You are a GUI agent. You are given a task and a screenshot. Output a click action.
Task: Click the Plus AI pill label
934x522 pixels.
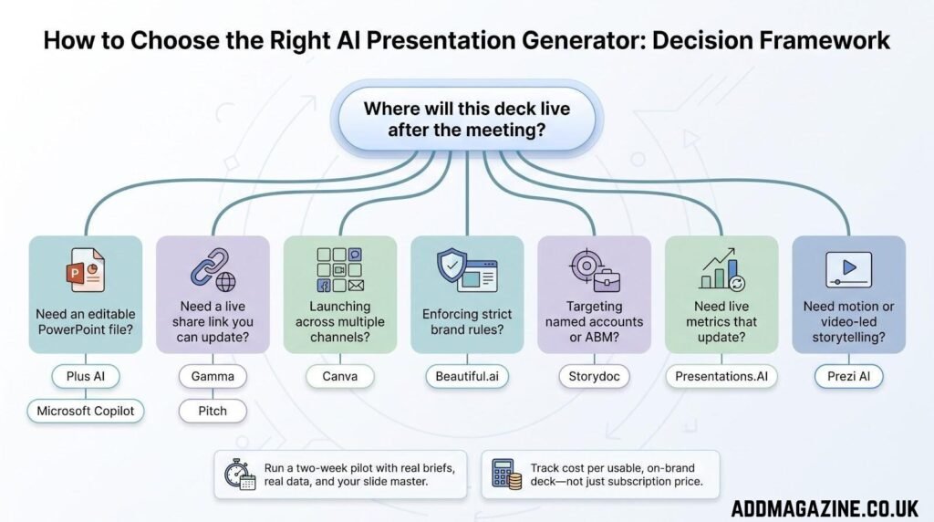tap(85, 376)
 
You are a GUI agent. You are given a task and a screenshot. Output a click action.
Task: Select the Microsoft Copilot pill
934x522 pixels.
tap(85, 411)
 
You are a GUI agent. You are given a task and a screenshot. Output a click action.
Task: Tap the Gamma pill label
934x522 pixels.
tap(213, 376)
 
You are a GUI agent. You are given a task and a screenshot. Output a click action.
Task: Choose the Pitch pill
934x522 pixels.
tap(213, 411)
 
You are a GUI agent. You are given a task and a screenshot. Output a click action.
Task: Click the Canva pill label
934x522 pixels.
tap(340, 376)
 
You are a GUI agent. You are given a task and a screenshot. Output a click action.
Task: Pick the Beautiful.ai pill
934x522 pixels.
tap(467, 376)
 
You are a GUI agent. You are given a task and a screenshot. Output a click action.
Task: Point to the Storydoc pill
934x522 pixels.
tap(594, 376)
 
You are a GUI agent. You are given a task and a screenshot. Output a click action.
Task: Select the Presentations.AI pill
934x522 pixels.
tap(721, 376)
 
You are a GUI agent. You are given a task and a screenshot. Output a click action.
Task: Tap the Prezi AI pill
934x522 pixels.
tap(849, 376)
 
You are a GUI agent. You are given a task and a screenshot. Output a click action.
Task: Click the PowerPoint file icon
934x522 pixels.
tap(85, 270)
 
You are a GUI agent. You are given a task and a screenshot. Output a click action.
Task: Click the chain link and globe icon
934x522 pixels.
tap(213, 269)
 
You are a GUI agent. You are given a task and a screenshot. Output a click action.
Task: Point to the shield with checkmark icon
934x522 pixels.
tap(467, 270)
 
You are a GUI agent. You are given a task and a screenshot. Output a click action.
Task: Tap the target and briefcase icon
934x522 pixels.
tap(595, 270)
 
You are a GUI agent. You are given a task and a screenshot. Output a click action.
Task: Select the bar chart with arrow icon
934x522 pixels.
tap(722, 269)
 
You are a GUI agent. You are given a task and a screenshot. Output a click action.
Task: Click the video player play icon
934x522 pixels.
tap(849, 269)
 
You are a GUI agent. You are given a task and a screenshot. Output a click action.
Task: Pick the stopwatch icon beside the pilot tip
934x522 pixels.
tap(240, 475)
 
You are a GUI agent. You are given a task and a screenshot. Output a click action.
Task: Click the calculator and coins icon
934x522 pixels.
tap(506, 475)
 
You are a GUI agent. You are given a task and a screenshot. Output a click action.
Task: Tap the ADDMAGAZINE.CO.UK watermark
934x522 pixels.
tap(825, 508)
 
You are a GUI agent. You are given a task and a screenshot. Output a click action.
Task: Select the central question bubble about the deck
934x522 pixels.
tap(467, 120)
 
